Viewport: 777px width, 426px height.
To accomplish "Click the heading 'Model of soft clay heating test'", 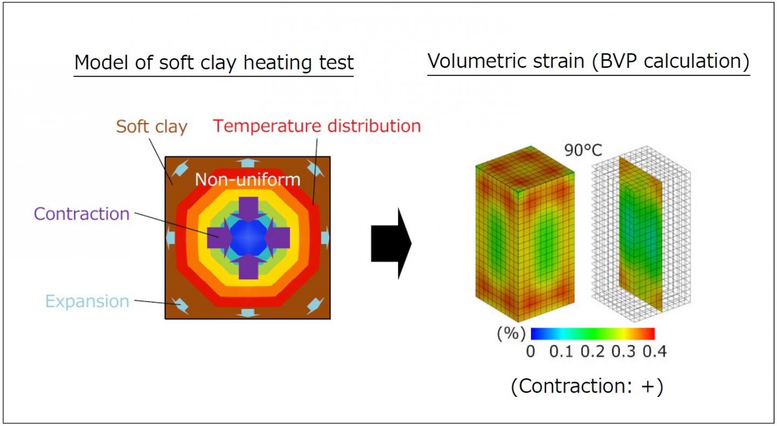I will (214, 63).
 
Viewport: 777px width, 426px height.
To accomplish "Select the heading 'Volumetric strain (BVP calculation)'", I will (588, 61).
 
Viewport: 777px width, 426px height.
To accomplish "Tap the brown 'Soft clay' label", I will (152, 127).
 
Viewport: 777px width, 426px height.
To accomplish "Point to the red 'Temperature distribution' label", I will (317, 126).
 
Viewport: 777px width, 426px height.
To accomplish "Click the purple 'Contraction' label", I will (81, 214).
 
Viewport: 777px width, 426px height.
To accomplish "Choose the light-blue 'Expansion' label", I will (87, 301).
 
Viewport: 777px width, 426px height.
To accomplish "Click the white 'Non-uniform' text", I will (247, 179).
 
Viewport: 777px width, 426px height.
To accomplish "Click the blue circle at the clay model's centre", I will (247, 237).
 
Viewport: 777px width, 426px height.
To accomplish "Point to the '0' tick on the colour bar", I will (531, 352).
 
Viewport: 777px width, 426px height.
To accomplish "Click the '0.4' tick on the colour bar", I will (655, 352).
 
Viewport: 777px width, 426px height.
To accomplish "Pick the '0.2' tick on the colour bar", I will (593, 352).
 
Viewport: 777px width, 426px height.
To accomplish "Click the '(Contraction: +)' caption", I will (587, 387).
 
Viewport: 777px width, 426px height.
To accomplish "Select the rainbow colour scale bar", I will (592, 333).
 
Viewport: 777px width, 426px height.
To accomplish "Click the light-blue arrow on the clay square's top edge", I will (247, 162).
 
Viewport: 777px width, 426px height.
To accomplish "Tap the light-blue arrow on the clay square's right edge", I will (324, 237).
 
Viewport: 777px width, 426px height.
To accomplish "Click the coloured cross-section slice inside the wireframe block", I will (639, 232).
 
